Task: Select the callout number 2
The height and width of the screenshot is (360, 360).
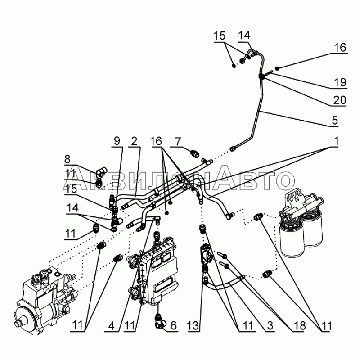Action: pyautogui.click(x=134, y=141)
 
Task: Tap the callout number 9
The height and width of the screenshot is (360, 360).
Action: pyautogui.click(x=117, y=141)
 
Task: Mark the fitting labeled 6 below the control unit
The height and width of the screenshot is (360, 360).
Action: pyautogui.click(x=159, y=319)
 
